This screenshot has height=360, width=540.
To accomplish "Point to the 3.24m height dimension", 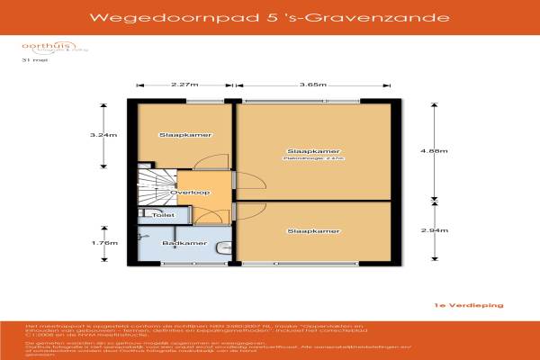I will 104,135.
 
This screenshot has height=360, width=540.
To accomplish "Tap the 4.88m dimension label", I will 436,151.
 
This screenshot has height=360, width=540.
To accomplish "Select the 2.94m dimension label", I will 436,231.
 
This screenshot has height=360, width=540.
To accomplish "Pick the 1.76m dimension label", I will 104,243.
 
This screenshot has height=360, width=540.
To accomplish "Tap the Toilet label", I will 164,216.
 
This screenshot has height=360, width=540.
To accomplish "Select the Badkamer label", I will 184,243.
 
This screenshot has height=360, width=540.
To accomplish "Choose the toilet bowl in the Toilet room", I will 145,216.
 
